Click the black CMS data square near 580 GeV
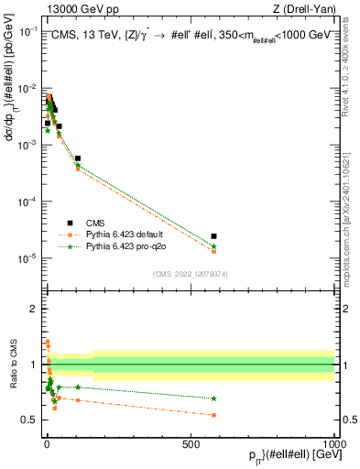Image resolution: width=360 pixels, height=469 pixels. pos(213,236)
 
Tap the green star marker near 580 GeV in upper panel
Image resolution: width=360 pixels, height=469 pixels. pos(213,246)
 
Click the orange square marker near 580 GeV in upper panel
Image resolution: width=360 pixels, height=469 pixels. pos(213,251)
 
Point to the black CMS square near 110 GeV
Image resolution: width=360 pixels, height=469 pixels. pos(78,158)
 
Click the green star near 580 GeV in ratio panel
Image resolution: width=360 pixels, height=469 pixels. pos(213,398)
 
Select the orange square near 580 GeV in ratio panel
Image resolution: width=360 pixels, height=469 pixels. pos(213,415)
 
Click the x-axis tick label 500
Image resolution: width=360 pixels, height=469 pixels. pos(191,443)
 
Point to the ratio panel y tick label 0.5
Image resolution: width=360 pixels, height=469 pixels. pos(30,420)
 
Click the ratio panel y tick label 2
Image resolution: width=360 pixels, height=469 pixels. pos(34,309)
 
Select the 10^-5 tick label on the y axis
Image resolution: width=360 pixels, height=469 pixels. pos(27,257)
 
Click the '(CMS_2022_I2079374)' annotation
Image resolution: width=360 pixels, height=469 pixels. pos(191,273)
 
